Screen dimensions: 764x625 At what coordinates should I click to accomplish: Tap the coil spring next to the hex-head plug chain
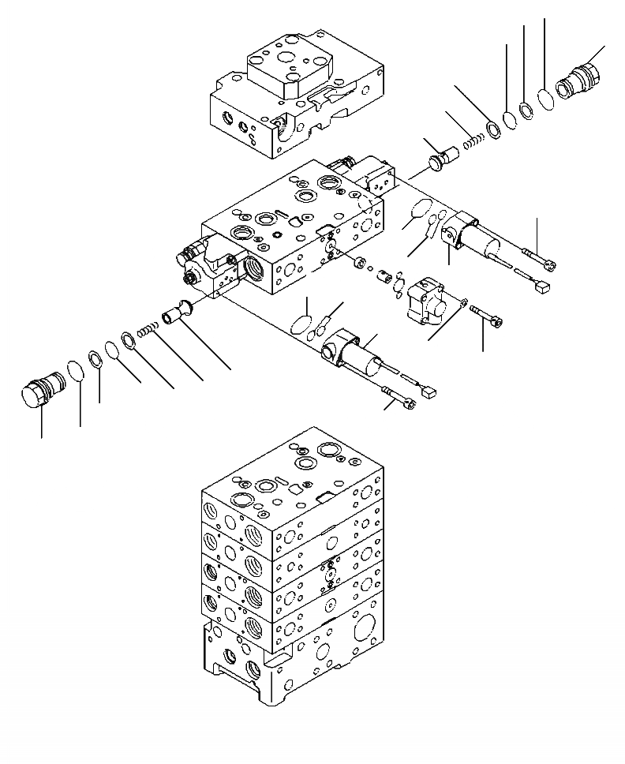tap(147, 331)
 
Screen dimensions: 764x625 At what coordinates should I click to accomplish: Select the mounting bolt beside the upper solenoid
tap(541, 259)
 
